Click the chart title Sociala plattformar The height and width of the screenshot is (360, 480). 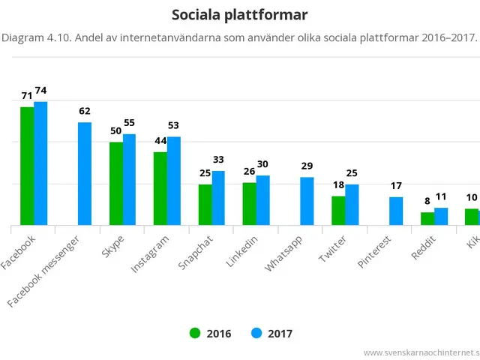[x=239, y=15]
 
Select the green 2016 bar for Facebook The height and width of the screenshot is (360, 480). [x=27, y=166]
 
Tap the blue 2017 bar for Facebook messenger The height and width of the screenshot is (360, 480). [x=85, y=174]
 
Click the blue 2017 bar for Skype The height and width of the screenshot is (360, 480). [x=129, y=180]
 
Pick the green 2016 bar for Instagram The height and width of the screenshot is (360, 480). [x=160, y=189]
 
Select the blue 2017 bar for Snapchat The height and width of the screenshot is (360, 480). [x=218, y=198]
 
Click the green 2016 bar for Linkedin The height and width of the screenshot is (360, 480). [x=249, y=204]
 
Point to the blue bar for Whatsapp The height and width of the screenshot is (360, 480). [x=307, y=201]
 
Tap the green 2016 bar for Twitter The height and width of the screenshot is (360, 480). [x=338, y=211]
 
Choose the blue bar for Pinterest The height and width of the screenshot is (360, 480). [x=396, y=211]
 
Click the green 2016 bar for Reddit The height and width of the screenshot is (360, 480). [x=427, y=219]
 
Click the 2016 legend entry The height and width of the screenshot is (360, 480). [x=210, y=334]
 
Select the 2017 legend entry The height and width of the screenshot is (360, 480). [x=272, y=334]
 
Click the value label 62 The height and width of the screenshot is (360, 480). [x=85, y=112]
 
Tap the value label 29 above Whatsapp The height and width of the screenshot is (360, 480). [x=307, y=166]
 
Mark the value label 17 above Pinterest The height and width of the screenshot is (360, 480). [x=396, y=186]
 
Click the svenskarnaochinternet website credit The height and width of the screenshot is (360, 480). [x=421, y=352]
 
